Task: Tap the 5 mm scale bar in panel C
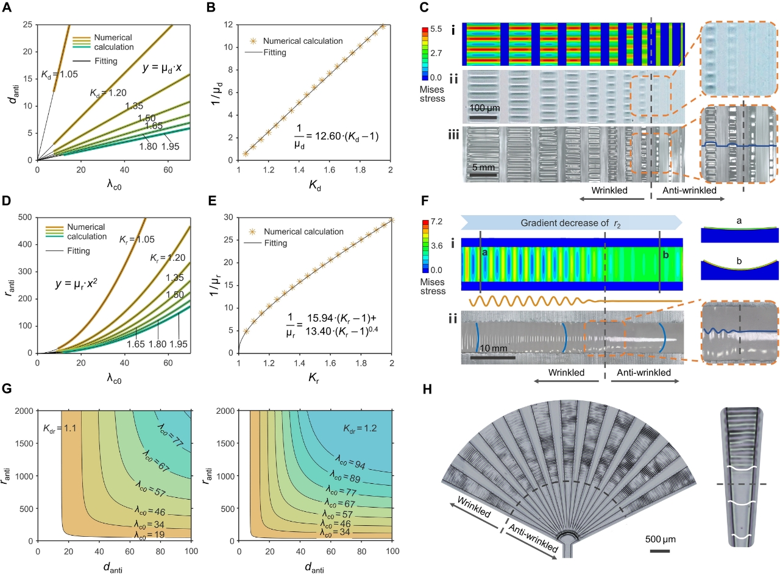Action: pos(484,176)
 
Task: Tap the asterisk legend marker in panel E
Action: pos(253,232)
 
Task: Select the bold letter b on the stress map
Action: pos(665,256)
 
